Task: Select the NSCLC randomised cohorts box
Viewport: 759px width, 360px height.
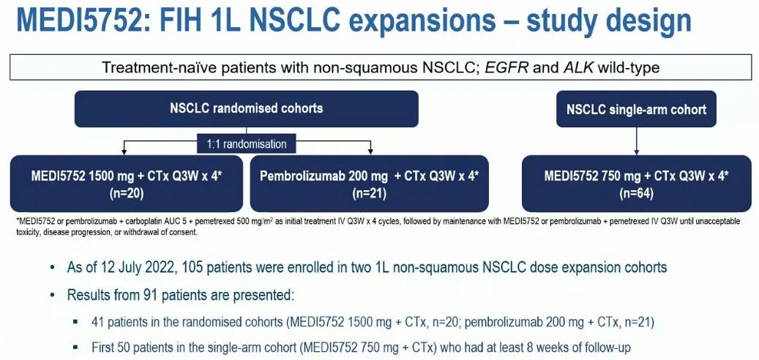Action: [247, 108]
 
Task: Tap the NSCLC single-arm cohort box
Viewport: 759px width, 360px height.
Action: [636, 109]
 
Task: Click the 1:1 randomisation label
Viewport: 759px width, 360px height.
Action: [247, 143]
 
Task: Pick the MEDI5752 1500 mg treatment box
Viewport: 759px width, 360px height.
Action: [127, 184]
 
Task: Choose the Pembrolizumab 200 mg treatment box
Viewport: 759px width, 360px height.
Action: [369, 184]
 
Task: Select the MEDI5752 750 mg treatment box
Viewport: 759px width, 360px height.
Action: [635, 184]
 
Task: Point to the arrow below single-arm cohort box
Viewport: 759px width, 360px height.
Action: [636, 140]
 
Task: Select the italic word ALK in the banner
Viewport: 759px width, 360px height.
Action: [577, 67]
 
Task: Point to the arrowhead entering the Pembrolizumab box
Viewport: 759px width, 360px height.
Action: [370, 151]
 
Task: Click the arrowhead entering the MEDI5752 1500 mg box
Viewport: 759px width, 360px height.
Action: [124, 151]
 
